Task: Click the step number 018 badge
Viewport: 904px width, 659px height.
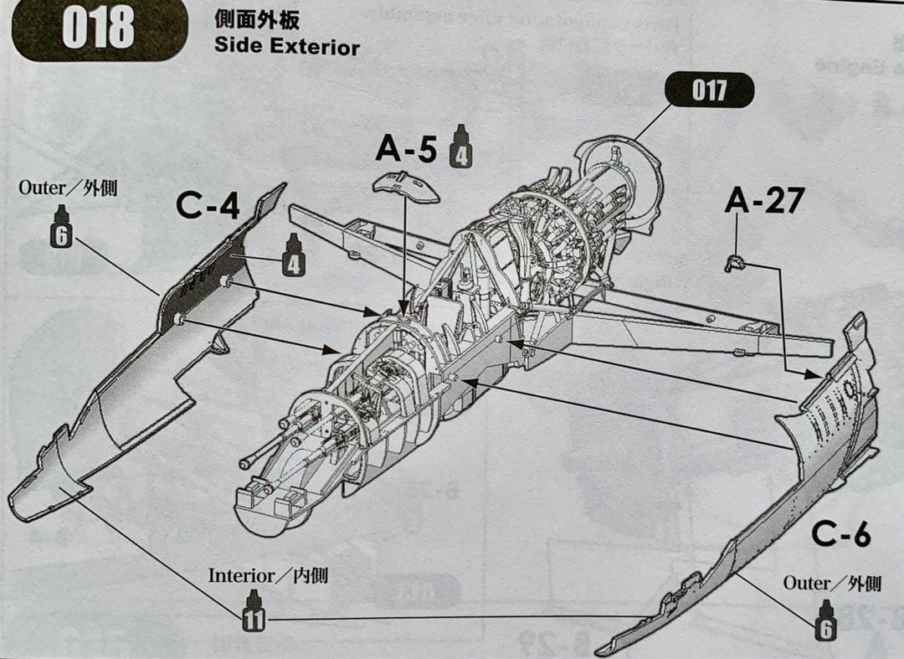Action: click(97, 28)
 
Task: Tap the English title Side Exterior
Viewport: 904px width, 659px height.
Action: click(286, 46)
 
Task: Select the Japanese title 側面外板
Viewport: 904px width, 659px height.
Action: click(256, 20)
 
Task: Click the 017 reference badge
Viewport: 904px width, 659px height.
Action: click(709, 90)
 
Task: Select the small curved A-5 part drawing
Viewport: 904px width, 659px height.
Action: click(406, 187)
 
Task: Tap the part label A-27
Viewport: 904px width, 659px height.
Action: click(764, 200)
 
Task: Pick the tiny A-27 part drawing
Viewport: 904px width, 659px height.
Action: click(735, 264)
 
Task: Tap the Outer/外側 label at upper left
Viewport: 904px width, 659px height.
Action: click(68, 188)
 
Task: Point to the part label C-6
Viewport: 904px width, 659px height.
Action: click(840, 535)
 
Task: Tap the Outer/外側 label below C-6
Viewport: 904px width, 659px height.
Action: click(832, 583)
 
